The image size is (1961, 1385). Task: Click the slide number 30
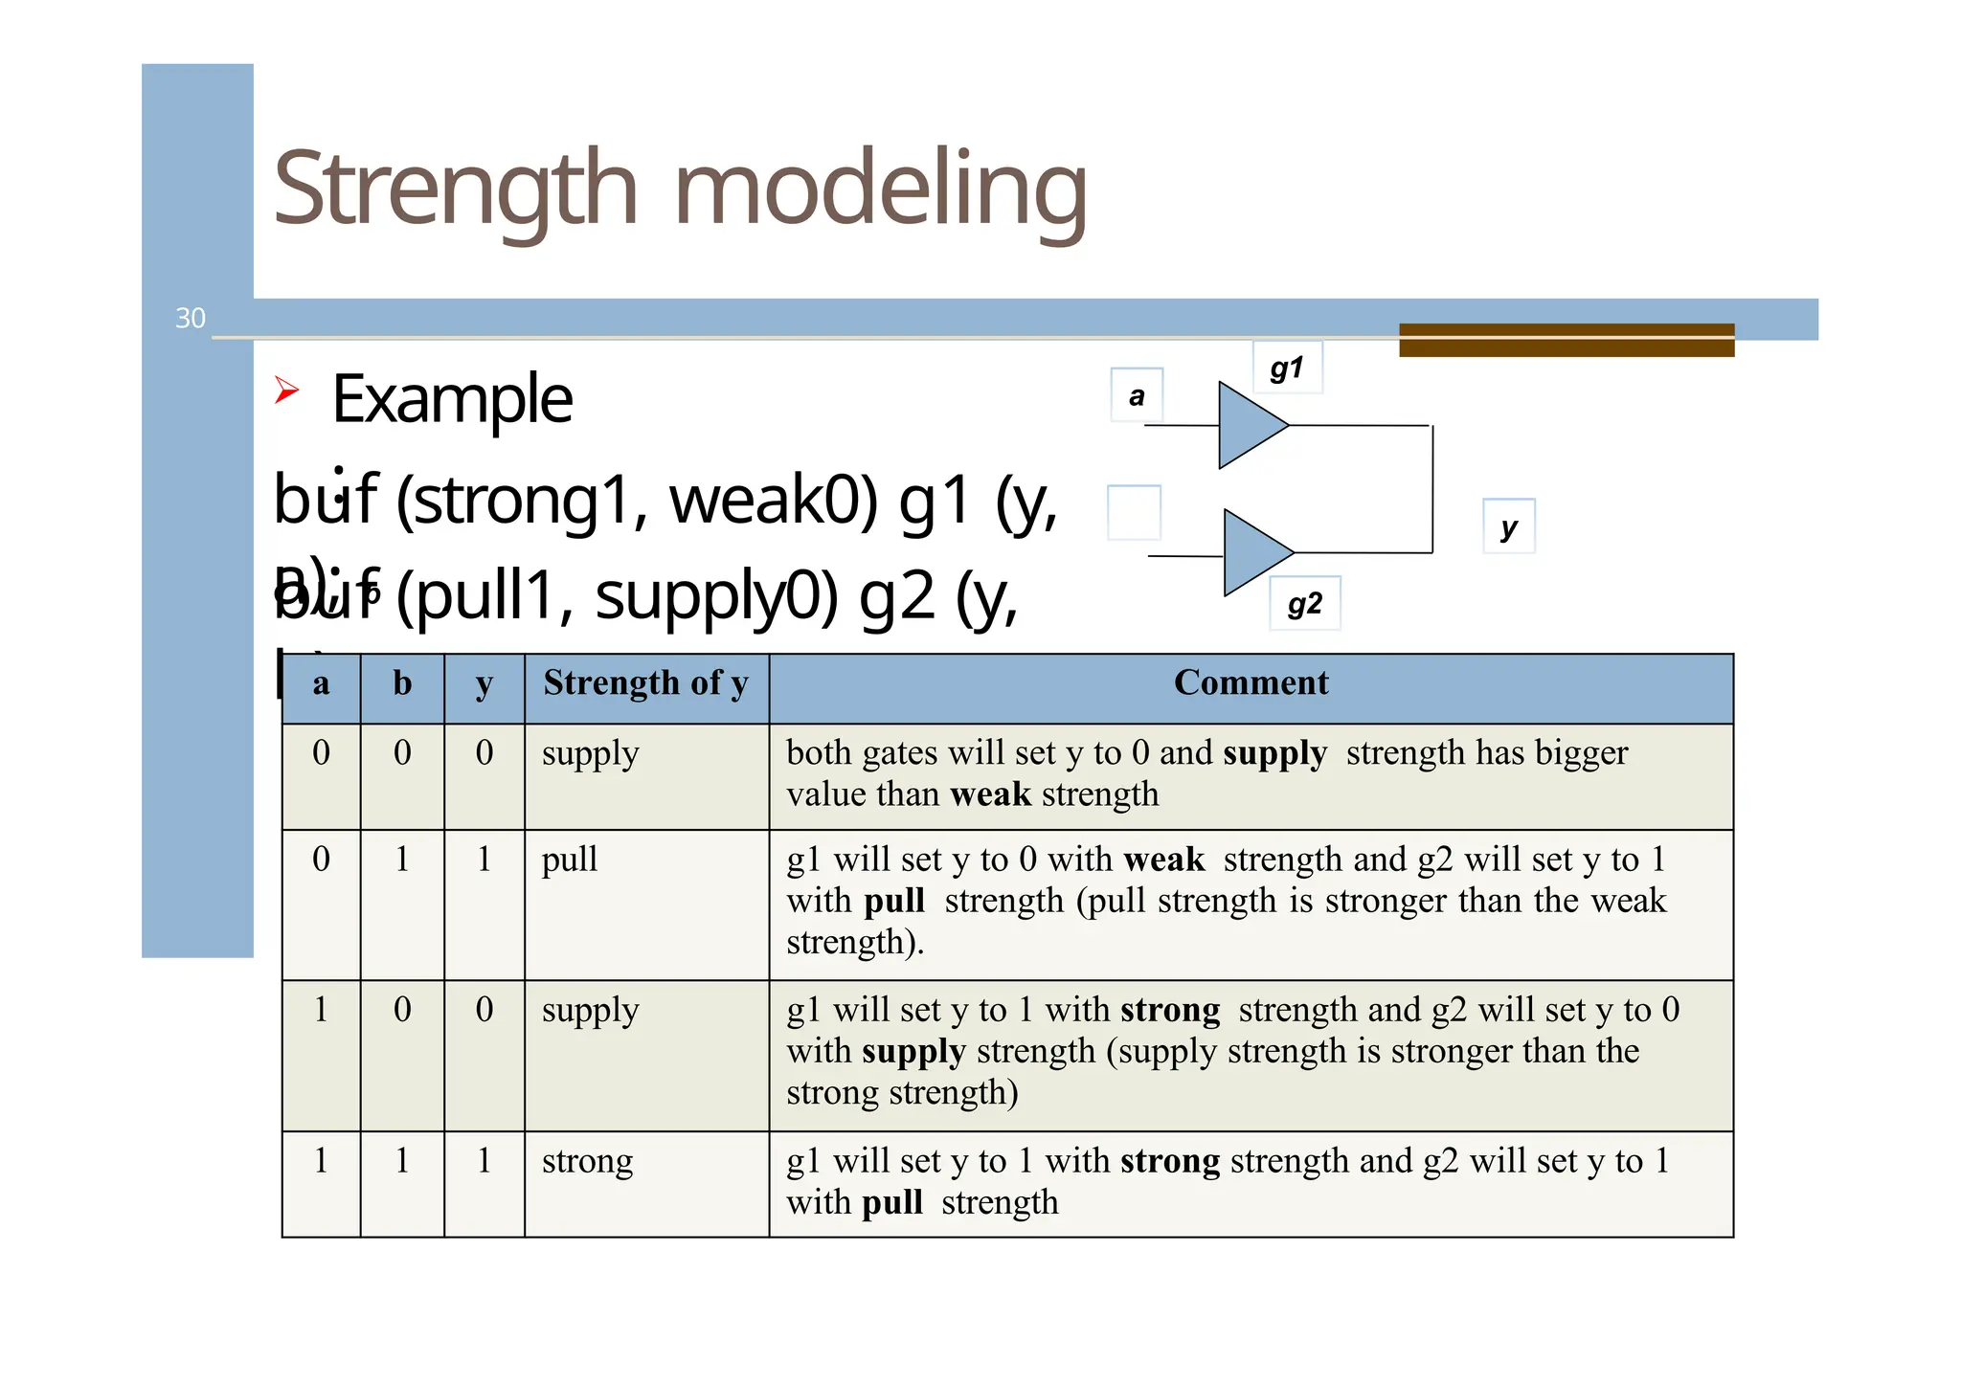[191, 318]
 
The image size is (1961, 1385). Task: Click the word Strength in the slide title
[455, 189]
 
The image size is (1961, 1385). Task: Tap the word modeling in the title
[880, 189]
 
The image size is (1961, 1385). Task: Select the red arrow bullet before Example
[286, 391]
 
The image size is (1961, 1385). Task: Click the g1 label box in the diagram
[1287, 368]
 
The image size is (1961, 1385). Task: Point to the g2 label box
[1304, 603]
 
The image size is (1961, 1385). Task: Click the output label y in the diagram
[1509, 525]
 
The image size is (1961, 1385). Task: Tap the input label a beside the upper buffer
[1137, 394]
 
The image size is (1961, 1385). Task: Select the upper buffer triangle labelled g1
[1248, 425]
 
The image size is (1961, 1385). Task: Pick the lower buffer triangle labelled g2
[1253, 552]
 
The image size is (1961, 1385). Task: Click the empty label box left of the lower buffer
[1134, 513]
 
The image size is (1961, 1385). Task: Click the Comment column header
[1251, 682]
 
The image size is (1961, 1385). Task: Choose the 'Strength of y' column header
[645, 683]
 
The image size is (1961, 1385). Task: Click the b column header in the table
[402, 683]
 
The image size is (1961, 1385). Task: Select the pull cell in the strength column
[570, 859]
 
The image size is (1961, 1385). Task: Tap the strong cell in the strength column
[587, 1160]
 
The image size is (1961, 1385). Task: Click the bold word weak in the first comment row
[990, 794]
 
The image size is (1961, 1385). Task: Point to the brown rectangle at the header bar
[1566, 340]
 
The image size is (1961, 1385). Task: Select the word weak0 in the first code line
[772, 501]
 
